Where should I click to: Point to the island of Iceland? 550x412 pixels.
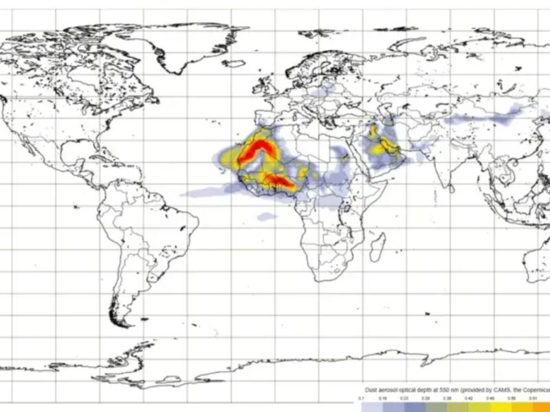234,64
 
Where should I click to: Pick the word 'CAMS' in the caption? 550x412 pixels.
505,389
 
